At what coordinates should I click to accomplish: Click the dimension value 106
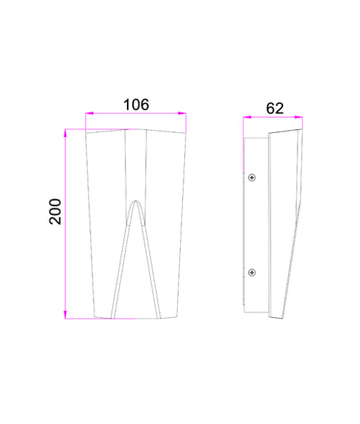tap(136, 105)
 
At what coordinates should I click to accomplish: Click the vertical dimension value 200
tap(56, 211)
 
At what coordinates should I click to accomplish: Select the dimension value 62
tap(274, 108)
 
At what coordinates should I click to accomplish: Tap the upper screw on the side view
tap(251, 177)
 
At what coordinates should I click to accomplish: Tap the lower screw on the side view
tap(251, 272)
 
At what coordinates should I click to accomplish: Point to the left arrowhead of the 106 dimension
tap(88, 113)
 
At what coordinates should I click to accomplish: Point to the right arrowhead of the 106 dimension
tap(184, 113)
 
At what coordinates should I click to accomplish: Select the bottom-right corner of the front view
tap(177, 317)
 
